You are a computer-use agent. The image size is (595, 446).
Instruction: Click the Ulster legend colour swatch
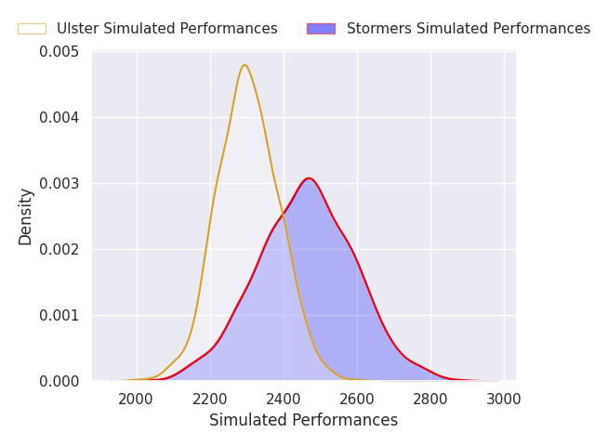coord(32,29)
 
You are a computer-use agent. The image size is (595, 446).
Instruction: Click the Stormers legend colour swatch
coord(321,29)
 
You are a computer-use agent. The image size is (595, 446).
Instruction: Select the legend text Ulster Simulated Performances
coord(167,29)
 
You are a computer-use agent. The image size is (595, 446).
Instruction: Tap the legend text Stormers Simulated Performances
coord(469,29)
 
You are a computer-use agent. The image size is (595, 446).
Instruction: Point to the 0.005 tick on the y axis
coord(59,52)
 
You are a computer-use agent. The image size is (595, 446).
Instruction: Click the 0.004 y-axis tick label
coord(59,118)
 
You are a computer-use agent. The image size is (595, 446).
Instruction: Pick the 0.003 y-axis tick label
coord(59,184)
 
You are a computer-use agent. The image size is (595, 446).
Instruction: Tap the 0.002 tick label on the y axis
coord(59,250)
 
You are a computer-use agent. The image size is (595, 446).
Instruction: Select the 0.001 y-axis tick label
coord(59,316)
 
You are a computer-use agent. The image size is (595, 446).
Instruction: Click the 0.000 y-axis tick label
coord(59,381)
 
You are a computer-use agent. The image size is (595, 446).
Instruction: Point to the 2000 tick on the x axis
coord(136,400)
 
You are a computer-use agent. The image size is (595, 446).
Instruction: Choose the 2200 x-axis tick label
coord(209,400)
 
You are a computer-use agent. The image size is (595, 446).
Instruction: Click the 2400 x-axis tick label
coord(283,400)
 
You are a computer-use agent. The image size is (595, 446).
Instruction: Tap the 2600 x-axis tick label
coord(357,400)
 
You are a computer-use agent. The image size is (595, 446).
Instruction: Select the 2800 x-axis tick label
coord(430,400)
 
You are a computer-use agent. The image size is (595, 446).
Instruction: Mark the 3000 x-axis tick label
coord(504,400)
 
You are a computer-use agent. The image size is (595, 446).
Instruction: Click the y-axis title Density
coord(25,216)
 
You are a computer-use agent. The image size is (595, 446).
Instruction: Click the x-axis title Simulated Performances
coord(304,420)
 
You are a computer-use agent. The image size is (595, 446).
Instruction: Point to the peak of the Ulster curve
coord(245,65)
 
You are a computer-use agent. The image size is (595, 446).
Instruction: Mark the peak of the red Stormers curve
coord(309,177)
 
